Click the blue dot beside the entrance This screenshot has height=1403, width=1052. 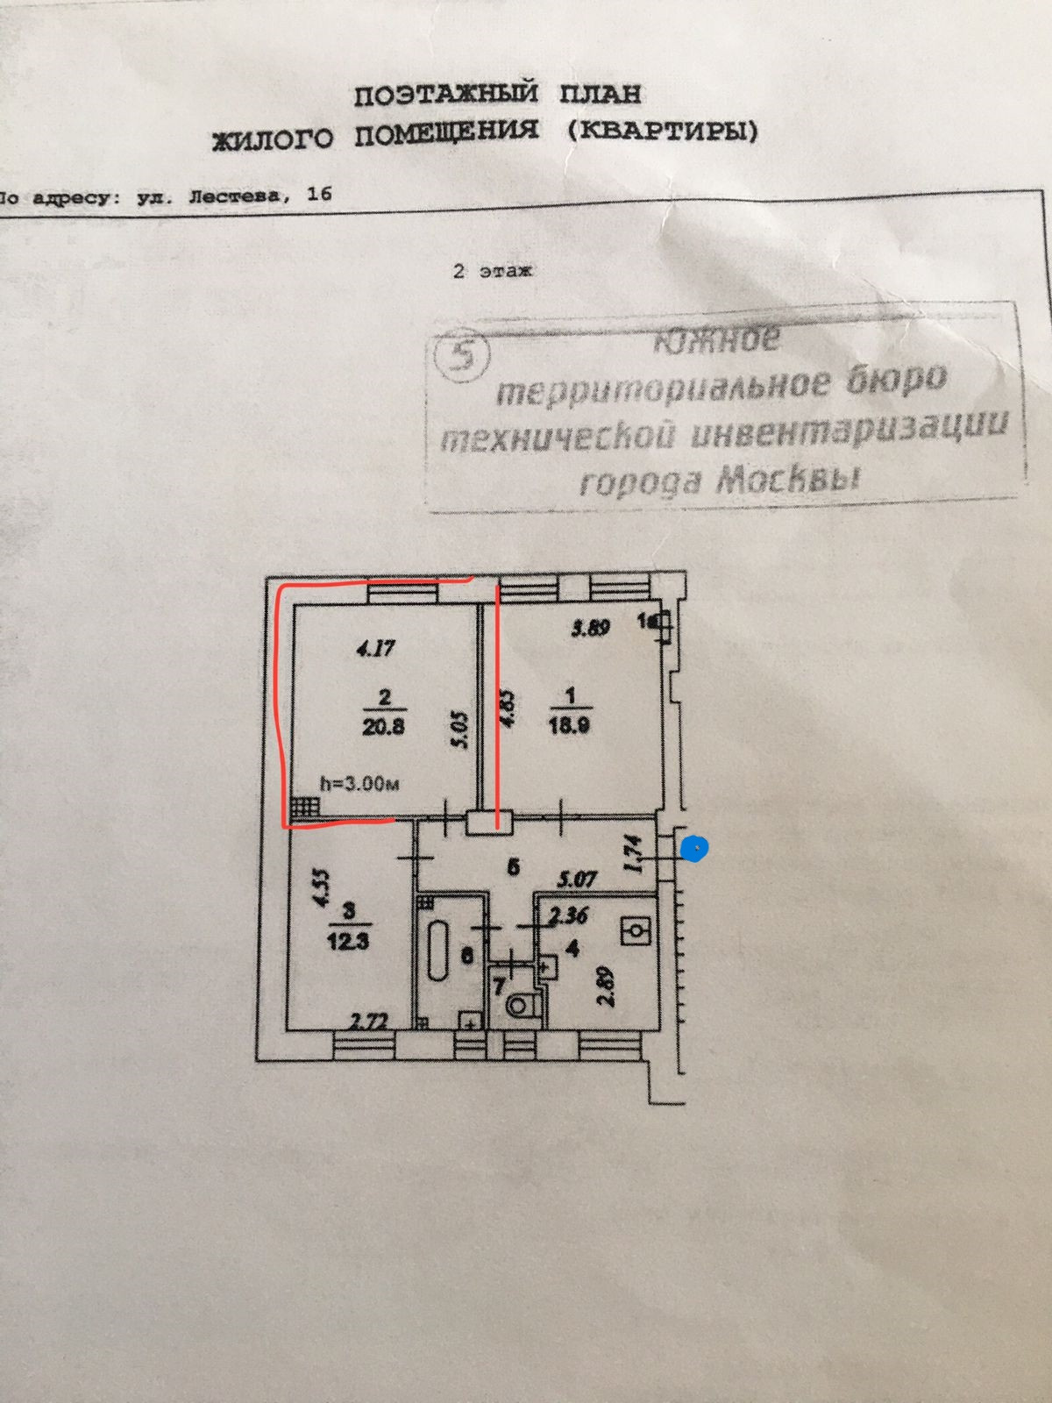695,849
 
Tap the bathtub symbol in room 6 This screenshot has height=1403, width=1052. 438,951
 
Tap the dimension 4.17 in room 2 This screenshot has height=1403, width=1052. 375,650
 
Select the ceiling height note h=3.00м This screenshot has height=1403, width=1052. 359,784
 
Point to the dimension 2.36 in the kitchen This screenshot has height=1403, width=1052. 569,916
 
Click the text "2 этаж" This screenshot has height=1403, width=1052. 492,271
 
